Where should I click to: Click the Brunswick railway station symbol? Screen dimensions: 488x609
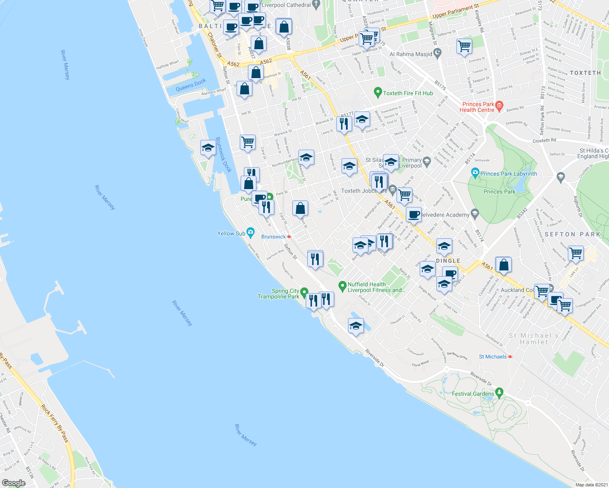coord(289,237)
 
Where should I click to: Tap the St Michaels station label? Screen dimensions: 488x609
coord(493,357)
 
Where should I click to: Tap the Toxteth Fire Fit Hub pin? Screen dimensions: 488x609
coord(378,93)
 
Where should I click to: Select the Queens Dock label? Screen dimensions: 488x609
coord(191,85)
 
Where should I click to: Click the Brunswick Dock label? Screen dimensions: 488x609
coord(223,155)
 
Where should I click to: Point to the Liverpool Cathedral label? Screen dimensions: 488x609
coord(287,5)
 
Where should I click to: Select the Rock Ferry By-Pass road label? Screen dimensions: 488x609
coord(55,423)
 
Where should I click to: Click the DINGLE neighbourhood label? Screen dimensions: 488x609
coord(448,261)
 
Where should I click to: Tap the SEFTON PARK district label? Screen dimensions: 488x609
coord(572,234)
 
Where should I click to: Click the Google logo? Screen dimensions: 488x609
coord(13,483)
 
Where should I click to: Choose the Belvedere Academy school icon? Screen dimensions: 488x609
coord(475,213)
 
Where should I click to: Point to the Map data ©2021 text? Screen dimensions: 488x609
coord(591,485)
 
